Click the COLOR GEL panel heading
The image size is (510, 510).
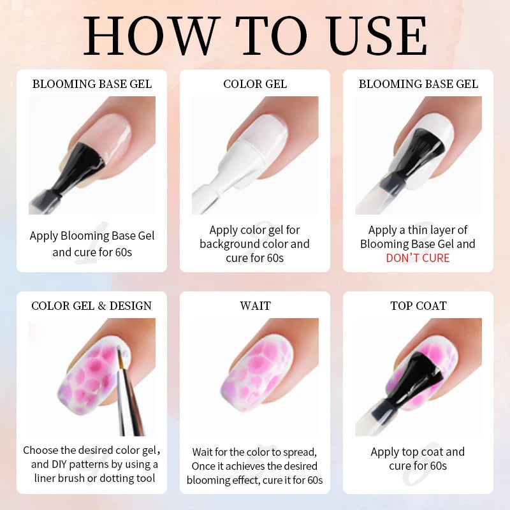tap(255, 84)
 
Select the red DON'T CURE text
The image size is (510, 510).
tap(418, 258)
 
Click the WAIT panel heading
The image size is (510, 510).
tap(255, 306)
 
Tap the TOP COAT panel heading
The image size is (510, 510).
tap(418, 306)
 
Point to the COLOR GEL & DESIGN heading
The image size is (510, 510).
tap(92, 306)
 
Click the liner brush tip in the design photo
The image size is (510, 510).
tap(119, 351)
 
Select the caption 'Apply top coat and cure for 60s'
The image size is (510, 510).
tap(418, 458)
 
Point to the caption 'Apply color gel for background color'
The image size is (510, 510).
tap(255, 244)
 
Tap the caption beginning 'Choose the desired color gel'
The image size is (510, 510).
tap(92, 464)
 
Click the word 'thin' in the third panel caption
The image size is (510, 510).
tap(425, 230)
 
